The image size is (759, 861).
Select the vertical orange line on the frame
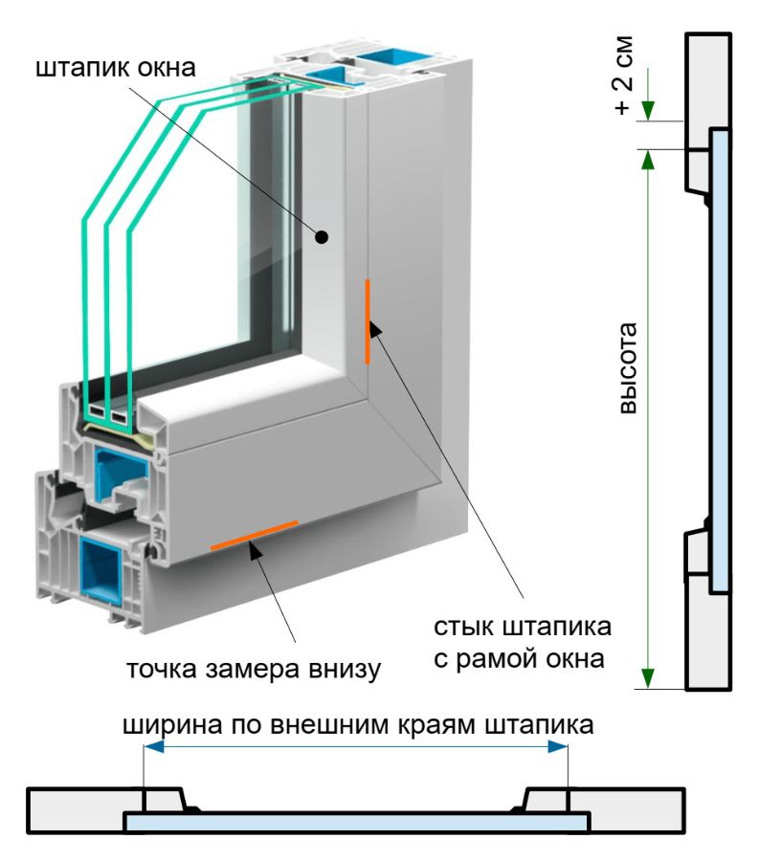click(x=367, y=321)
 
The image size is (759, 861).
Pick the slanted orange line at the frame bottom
click(x=254, y=536)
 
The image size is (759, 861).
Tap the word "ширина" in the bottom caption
click(x=170, y=725)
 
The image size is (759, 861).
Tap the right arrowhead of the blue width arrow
click(x=561, y=748)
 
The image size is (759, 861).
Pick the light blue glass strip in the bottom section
click(x=356, y=822)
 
